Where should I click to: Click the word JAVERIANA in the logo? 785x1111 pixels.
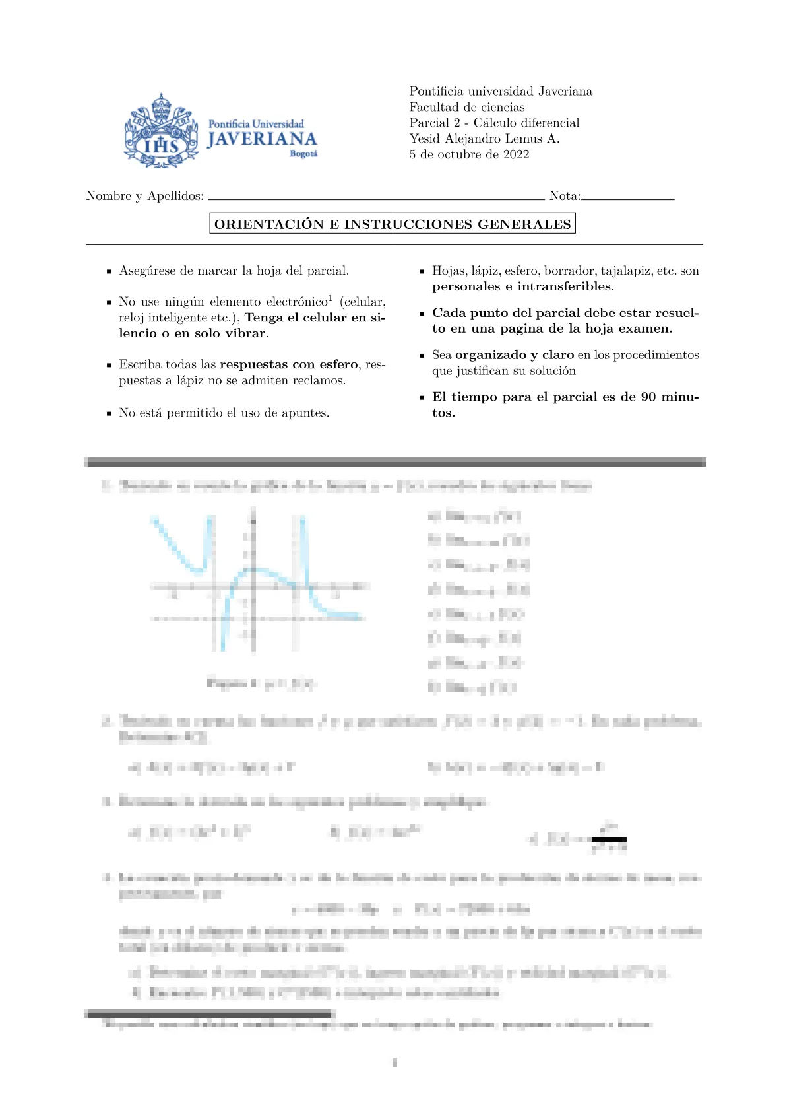(x=262, y=139)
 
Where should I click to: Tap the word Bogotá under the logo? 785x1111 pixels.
(x=303, y=154)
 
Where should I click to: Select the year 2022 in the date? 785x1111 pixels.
(x=516, y=154)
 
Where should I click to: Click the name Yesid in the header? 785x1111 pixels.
(x=425, y=139)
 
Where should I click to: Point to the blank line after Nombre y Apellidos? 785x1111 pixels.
(x=376, y=198)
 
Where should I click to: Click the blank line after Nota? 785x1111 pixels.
(x=628, y=198)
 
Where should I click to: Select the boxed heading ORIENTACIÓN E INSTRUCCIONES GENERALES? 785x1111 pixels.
(x=392, y=224)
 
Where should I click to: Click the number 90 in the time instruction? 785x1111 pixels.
(x=648, y=397)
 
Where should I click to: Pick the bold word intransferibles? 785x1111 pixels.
(x=564, y=286)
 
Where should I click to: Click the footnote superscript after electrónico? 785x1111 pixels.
(x=330, y=298)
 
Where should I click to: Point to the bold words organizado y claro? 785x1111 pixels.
(x=515, y=355)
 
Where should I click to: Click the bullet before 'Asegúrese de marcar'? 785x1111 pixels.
(x=109, y=271)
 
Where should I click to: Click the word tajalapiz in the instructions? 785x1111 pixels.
(x=626, y=271)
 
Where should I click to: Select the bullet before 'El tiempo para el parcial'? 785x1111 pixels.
(x=422, y=398)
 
